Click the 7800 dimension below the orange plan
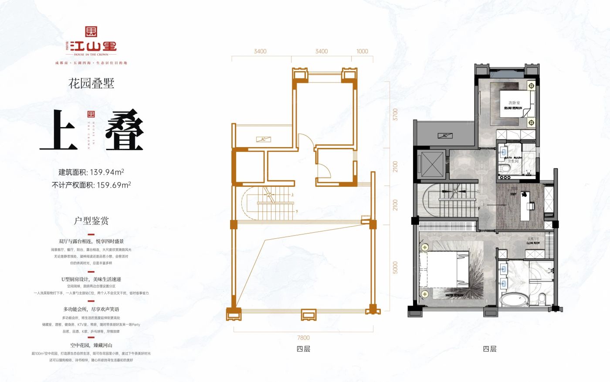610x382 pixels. (303, 337)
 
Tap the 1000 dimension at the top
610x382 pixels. (362, 51)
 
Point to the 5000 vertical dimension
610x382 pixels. (395, 268)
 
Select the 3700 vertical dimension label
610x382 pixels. (395, 115)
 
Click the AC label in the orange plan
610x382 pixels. (264, 140)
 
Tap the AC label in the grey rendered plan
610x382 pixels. (445, 136)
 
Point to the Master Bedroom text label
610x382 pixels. (454, 295)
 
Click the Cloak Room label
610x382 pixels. (533, 241)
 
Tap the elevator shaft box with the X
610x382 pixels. (433, 165)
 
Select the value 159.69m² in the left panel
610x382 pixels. (114, 185)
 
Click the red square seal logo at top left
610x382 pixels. (91, 31)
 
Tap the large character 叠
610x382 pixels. (124, 130)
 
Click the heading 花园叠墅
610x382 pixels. (91, 83)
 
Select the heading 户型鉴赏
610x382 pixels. (91, 220)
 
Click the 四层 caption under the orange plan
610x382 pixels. (303, 349)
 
